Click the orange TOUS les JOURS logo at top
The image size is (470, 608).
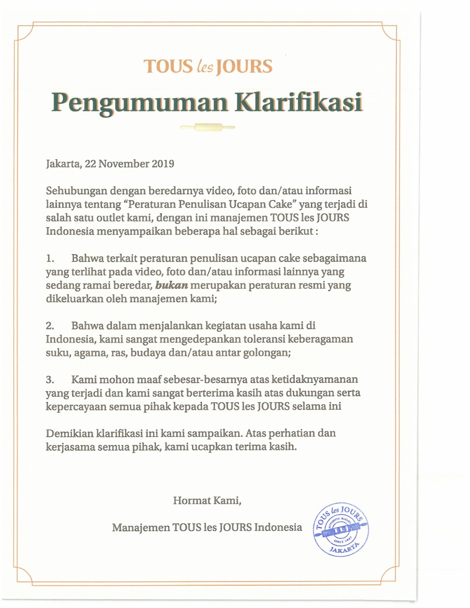(x=208, y=66)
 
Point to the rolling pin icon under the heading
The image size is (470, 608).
(x=208, y=127)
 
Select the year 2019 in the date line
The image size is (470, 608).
(x=163, y=164)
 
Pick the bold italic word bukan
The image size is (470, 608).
(x=172, y=285)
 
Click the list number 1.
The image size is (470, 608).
(x=50, y=259)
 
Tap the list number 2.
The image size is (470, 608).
(x=50, y=326)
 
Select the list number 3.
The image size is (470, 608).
(x=50, y=380)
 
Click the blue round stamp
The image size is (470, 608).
(x=341, y=529)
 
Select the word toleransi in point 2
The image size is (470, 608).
(x=264, y=339)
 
